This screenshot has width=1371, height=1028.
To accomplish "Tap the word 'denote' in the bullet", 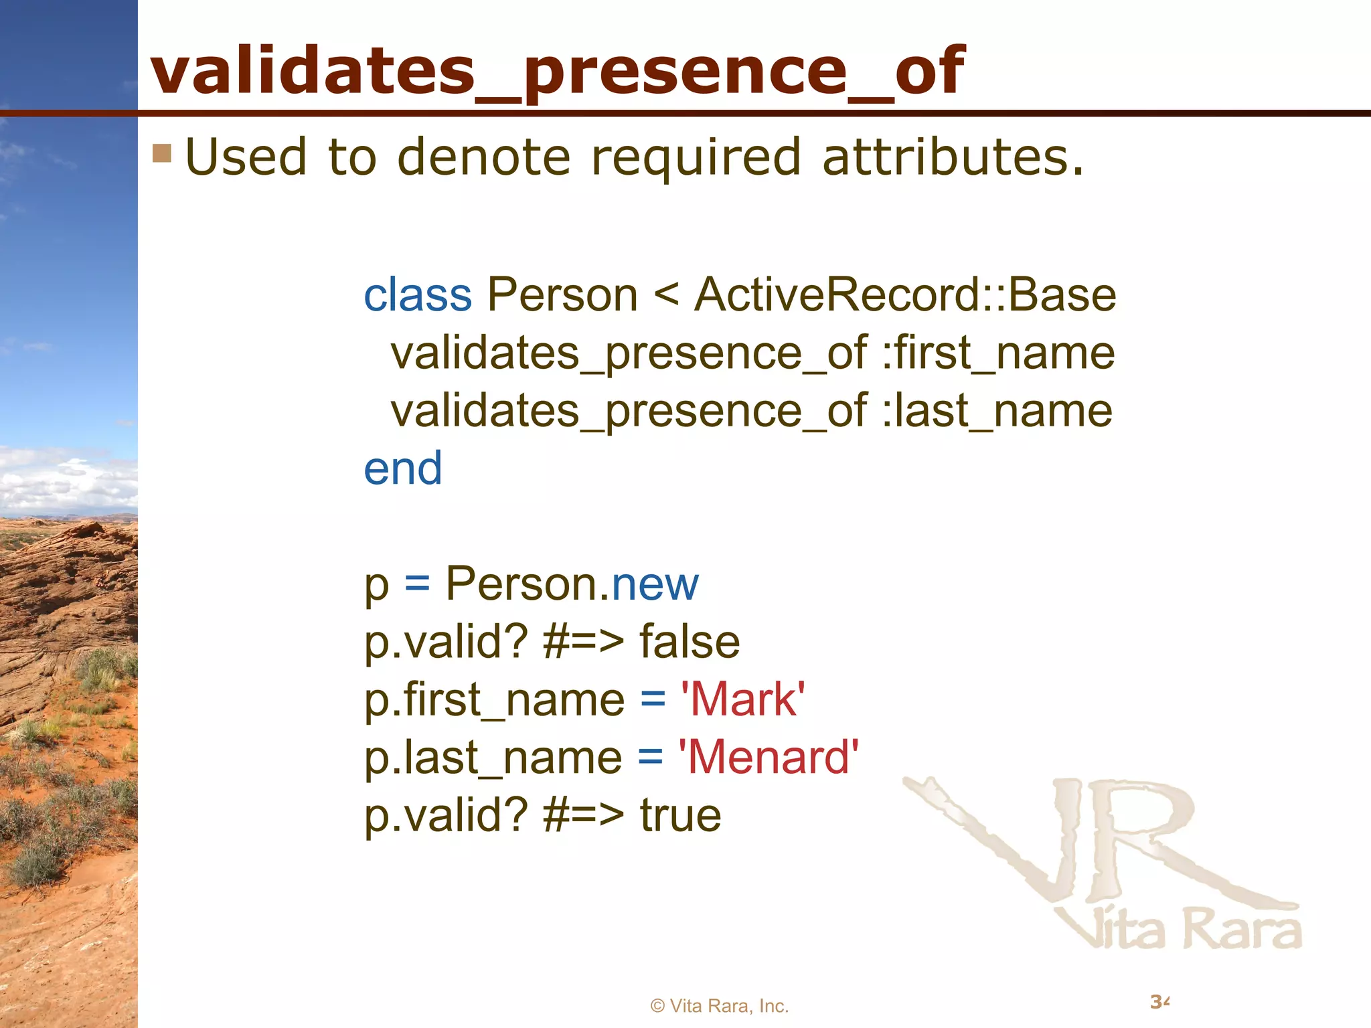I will pyautogui.click(x=483, y=157).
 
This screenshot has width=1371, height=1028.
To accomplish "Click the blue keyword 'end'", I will pyautogui.click(x=402, y=468).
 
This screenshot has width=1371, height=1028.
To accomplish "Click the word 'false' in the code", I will pyautogui.click(x=690, y=642).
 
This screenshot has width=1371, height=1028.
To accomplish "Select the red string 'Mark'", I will pyautogui.click(x=742, y=700).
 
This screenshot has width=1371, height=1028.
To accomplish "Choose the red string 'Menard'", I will pyautogui.click(x=769, y=758).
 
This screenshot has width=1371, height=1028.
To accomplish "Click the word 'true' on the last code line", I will pyautogui.click(x=680, y=815).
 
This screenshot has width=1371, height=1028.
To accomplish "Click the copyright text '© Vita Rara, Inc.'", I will pyautogui.click(x=720, y=1006).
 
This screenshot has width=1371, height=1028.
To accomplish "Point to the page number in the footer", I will pyautogui.click(x=1159, y=1002).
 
